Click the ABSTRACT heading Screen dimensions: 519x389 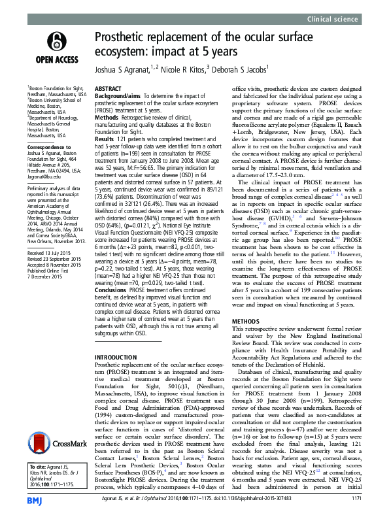click(109, 88)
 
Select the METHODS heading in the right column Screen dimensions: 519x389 click(247, 322)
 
